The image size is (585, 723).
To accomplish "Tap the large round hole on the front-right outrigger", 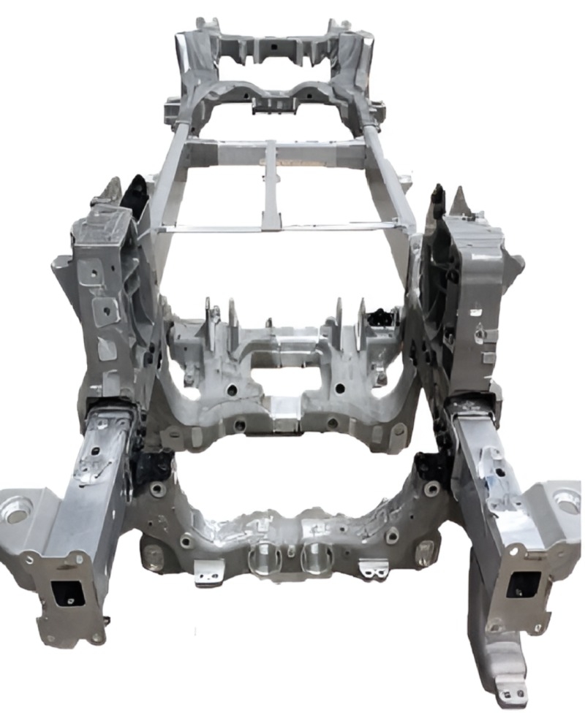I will coord(567,501).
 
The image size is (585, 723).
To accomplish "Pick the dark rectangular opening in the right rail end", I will coord(524,584).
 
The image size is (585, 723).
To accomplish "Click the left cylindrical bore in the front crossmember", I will coord(261,562).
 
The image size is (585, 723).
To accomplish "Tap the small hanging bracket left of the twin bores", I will coord(209,573).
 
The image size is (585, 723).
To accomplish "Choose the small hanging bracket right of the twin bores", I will coord(373,569).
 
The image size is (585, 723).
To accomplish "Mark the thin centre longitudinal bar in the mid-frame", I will coord(271,186).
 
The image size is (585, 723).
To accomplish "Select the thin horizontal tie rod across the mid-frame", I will coord(278,228).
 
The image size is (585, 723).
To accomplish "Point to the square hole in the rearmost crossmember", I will coord(271,45).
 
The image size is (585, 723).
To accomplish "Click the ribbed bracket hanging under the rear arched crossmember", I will coord(272,106).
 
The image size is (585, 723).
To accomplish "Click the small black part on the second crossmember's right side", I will coord(381,317).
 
